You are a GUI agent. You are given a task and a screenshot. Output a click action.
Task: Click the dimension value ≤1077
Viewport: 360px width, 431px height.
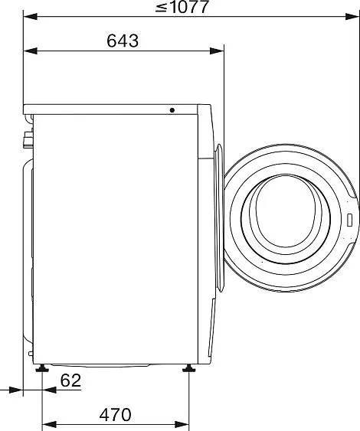click(x=182, y=7)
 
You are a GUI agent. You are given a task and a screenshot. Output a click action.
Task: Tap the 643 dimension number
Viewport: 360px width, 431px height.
click(x=123, y=41)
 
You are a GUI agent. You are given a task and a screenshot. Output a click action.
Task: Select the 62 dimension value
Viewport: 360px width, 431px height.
click(x=70, y=380)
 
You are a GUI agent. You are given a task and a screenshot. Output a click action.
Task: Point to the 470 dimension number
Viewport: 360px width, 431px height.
click(x=115, y=415)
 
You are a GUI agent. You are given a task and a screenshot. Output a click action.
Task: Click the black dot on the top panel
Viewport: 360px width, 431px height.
click(x=172, y=110)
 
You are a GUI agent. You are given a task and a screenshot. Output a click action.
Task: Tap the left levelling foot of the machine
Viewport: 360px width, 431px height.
click(x=42, y=368)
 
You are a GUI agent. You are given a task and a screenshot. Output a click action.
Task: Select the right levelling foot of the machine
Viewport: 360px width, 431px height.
click(x=189, y=368)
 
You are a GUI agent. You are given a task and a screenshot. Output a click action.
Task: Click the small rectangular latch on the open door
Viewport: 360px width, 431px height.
click(x=349, y=220)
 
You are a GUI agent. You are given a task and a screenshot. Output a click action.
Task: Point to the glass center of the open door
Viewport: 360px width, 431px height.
click(x=286, y=217)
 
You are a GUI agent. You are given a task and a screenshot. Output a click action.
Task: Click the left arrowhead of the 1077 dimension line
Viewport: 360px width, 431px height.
click(x=30, y=17)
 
